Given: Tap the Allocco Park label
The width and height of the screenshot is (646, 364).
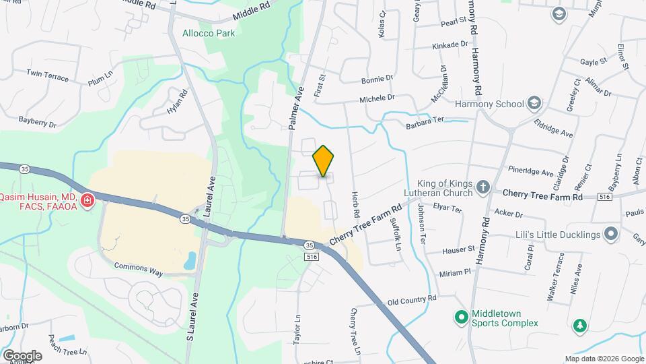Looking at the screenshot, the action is [x=209, y=33].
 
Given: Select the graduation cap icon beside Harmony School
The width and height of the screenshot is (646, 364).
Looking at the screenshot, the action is [x=535, y=103].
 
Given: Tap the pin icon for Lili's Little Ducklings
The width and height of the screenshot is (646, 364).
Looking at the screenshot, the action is [x=611, y=234].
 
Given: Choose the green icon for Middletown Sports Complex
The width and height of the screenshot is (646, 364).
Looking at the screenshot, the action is [x=461, y=316].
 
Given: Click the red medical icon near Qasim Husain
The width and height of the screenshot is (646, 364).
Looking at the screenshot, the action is [x=87, y=201].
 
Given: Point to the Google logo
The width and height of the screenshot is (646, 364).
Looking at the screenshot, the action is [x=22, y=355].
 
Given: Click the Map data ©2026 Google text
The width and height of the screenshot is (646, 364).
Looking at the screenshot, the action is [x=604, y=359].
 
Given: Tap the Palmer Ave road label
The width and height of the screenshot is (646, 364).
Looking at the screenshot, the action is [x=297, y=108].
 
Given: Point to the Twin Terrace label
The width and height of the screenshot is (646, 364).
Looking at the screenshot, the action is [x=47, y=75].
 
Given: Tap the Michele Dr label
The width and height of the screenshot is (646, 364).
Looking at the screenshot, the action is [x=377, y=98].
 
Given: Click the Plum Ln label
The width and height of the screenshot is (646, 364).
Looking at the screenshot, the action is [x=100, y=80].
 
